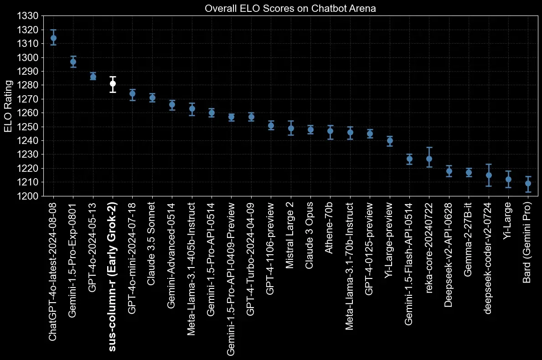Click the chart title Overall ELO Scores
(x=290, y=8)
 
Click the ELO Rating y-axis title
(x=9, y=106)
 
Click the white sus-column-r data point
(x=113, y=83)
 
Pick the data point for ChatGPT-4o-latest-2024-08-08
(x=53, y=38)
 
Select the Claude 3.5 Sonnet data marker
(x=152, y=98)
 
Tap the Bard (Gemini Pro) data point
(x=528, y=183)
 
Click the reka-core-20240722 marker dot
(x=429, y=159)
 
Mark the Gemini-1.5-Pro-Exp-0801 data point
(x=73, y=62)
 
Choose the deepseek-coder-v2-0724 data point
(x=489, y=175)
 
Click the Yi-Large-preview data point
(x=390, y=140)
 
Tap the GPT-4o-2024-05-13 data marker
(x=93, y=77)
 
